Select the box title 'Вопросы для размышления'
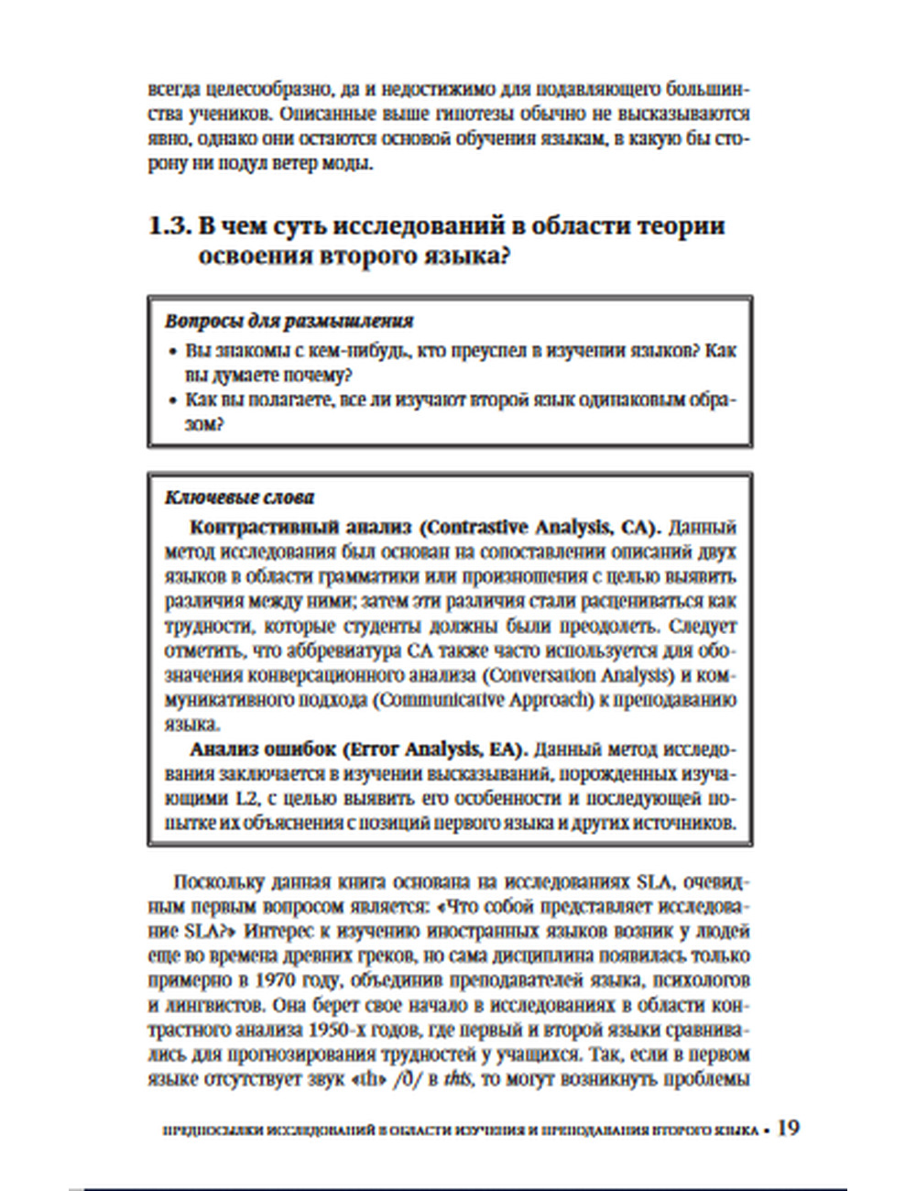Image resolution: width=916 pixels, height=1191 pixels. click(289, 322)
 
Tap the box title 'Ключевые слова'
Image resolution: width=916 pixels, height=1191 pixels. click(239, 497)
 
